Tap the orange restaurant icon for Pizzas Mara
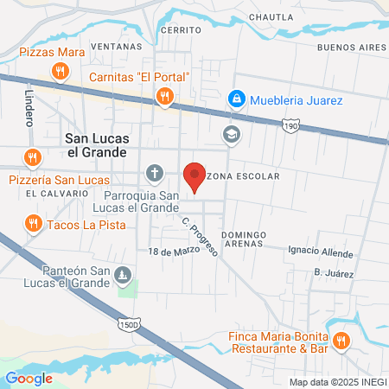[60, 72]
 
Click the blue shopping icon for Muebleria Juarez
[235, 100]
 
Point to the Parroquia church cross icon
[154, 174]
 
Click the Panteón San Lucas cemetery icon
[124, 277]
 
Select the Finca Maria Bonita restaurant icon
[341, 340]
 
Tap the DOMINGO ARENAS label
[247, 240]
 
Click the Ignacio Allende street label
[319, 250]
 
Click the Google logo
[28, 378]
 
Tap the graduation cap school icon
[231, 133]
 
